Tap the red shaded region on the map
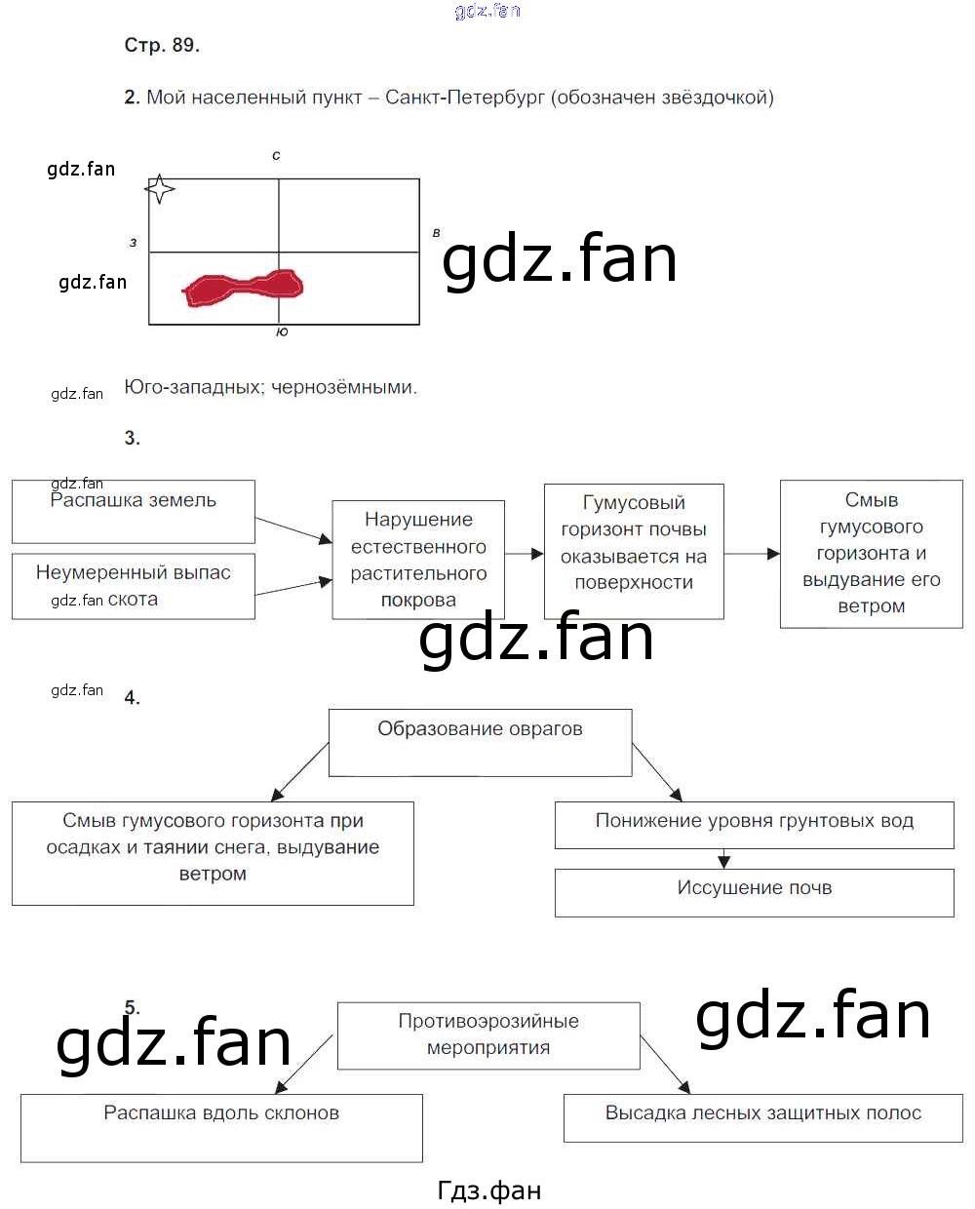(x=244, y=287)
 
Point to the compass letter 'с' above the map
(x=277, y=155)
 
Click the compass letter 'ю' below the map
(x=282, y=332)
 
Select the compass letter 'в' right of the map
(x=436, y=233)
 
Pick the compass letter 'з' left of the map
(x=134, y=243)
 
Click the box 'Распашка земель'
(x=134, y=511)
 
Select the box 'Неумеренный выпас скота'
(x=134, y=586)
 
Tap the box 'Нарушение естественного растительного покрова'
(x=418, y=560)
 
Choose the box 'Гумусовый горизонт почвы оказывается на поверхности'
(x=634, y=551)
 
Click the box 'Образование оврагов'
(x=480, y=742)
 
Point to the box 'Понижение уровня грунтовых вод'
(x=754, y=825)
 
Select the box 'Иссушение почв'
(x=754, y=892)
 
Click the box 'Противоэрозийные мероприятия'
(x=488, y=1034)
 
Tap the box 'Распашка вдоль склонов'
(x=221, y=1127)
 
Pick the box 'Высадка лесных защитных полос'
(x=762, y=1117)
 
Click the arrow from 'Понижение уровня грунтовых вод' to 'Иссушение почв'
(x=723, y=859)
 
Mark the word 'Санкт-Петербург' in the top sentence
(x=465, y=97)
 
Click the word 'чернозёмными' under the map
(x=343, y=387)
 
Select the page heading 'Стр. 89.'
(x=162, y=45)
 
